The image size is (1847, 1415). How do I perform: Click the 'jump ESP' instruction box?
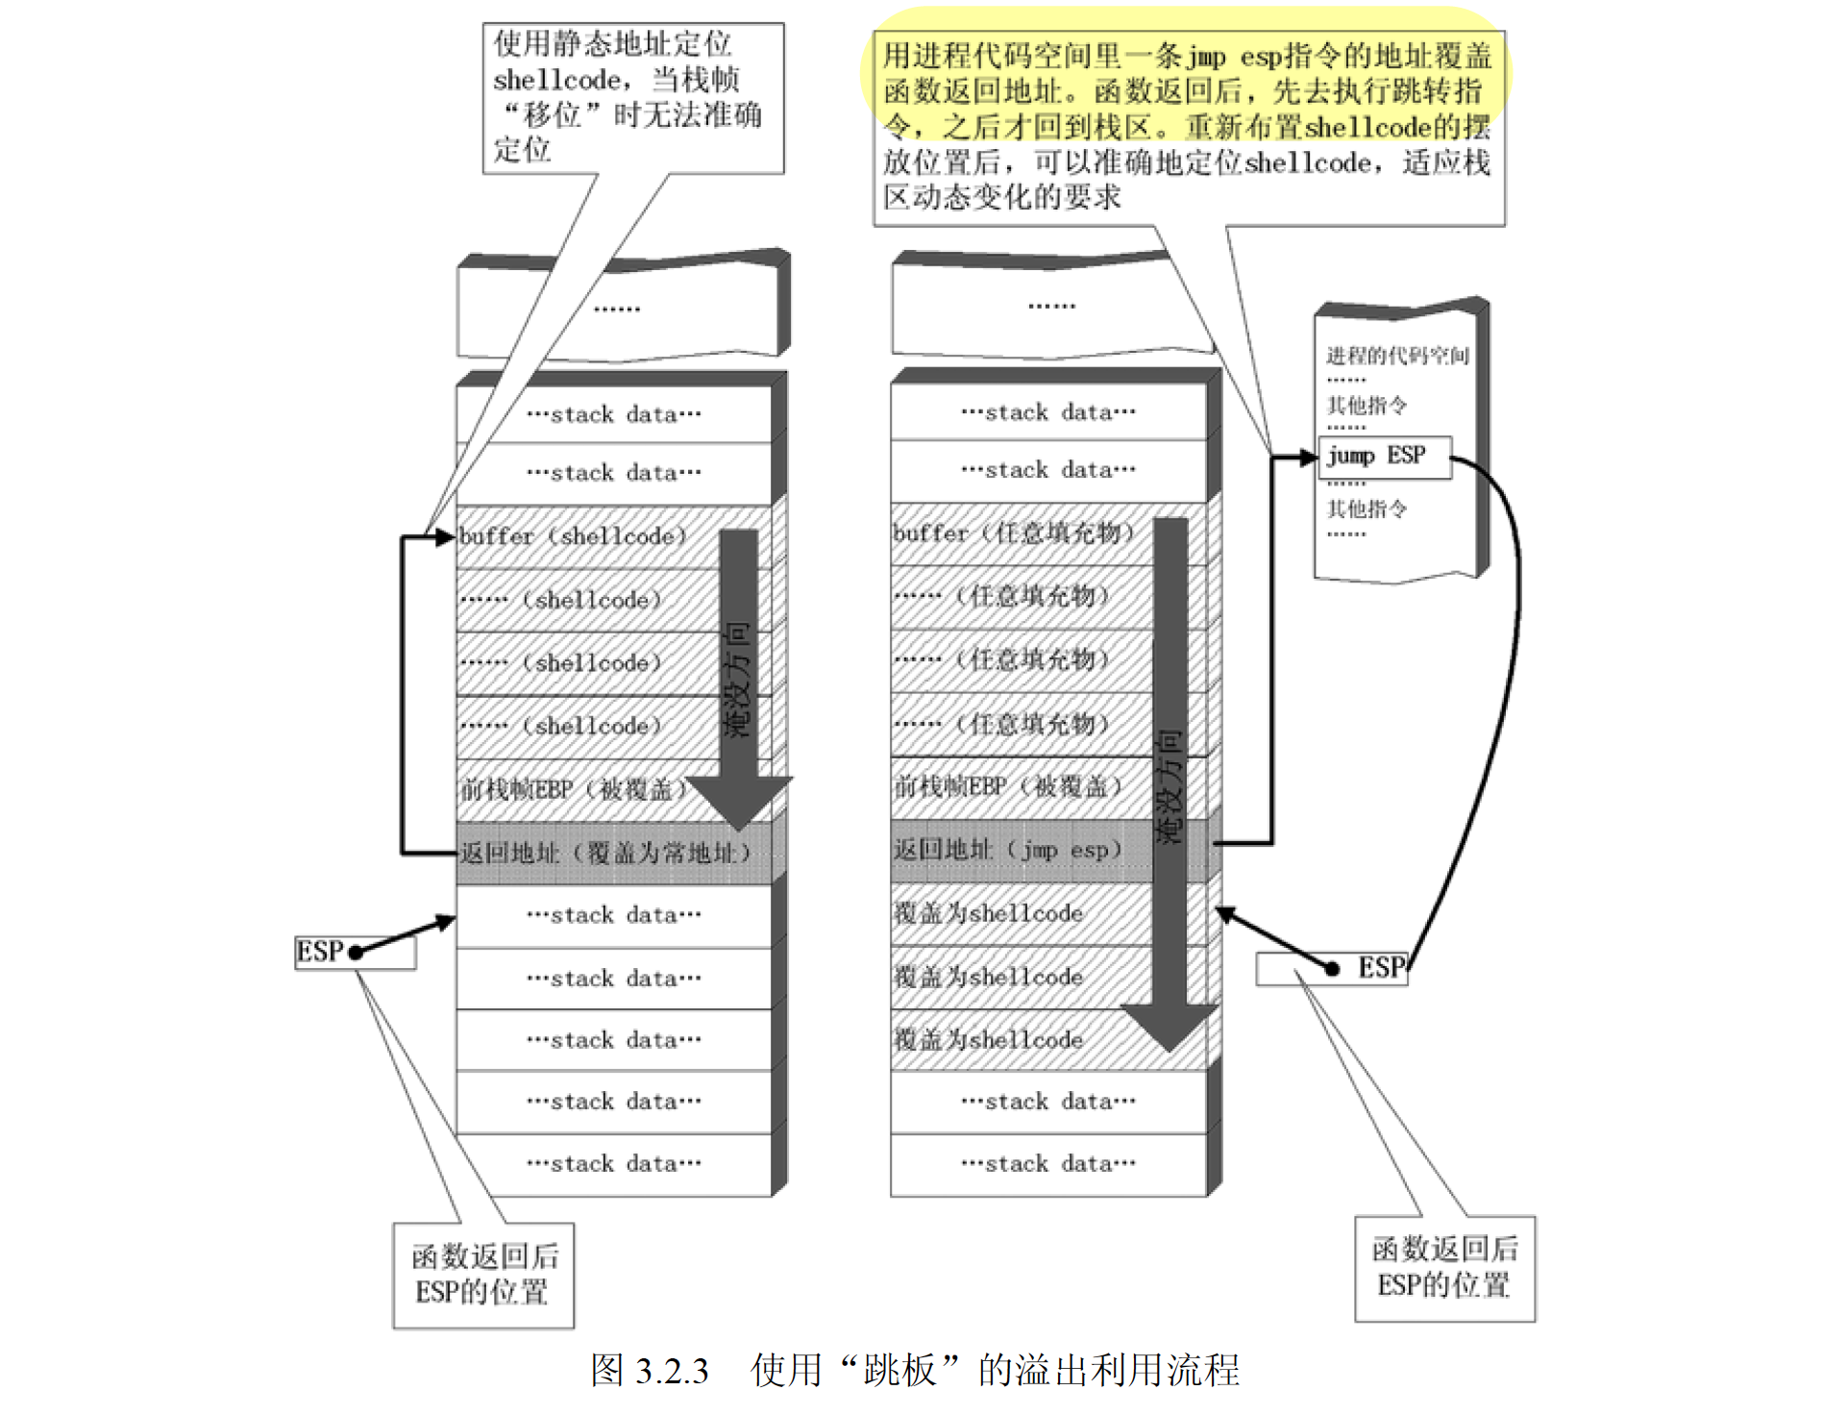click(1383, 457)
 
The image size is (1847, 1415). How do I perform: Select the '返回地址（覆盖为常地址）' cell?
click(605, 853)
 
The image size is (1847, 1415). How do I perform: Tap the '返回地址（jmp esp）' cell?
click(1009, 850)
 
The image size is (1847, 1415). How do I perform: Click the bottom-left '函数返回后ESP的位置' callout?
click(483, 1275)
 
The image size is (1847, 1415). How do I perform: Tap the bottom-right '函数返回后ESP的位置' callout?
click(1444, 1268)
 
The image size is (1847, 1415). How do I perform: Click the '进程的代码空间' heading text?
click(1397, 357)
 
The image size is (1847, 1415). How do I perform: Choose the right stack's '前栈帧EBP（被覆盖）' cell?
click(1009, 786)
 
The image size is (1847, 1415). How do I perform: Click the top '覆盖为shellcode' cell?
click(990, 913)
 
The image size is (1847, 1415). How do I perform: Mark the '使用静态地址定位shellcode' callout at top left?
click(631, 97)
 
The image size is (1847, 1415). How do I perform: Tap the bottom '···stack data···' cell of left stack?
click(614, 1164)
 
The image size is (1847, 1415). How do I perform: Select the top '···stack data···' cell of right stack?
click(1048, 412)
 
